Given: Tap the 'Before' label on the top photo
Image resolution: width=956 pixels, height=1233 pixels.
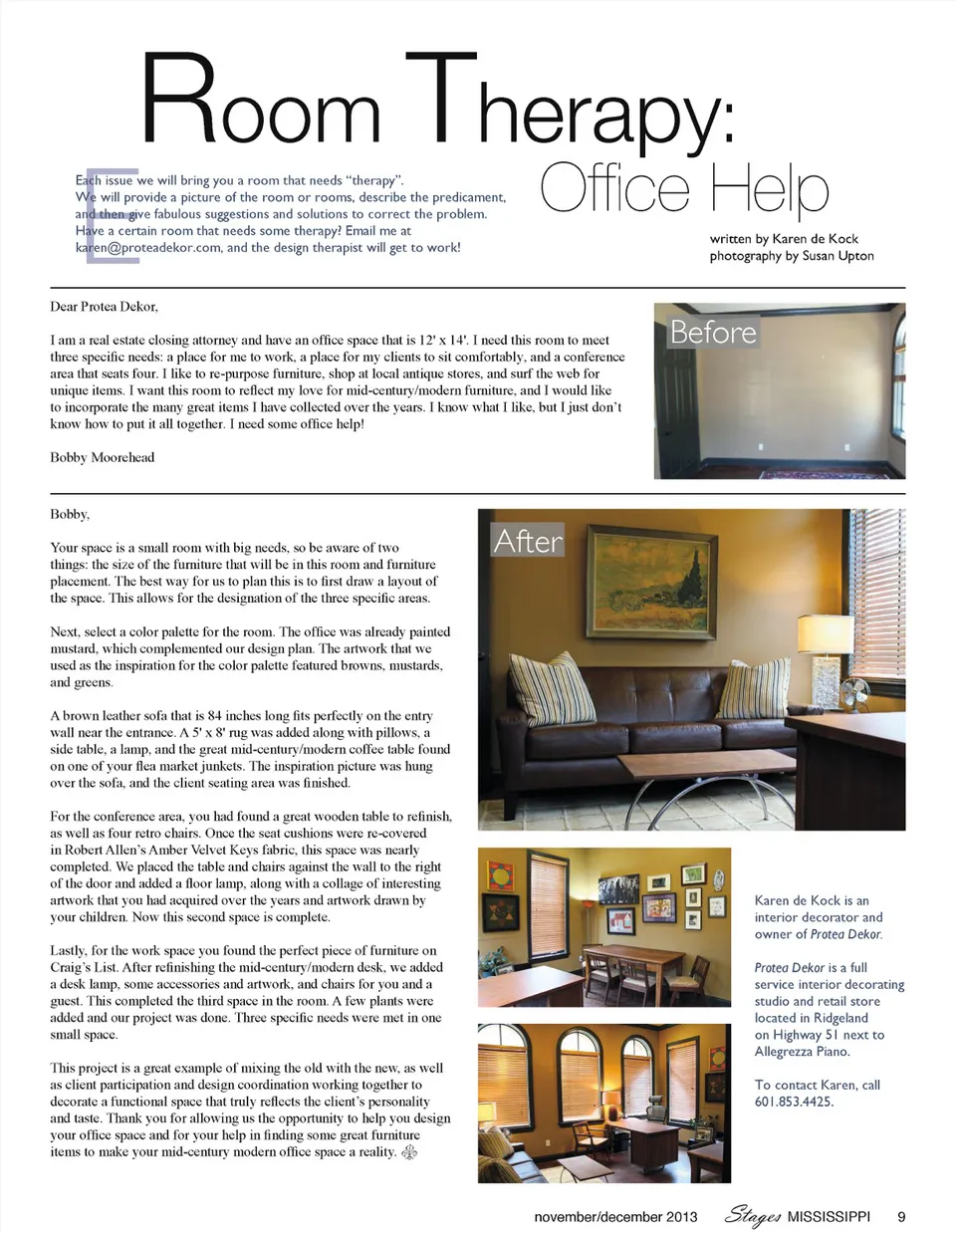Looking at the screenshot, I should (713, 332).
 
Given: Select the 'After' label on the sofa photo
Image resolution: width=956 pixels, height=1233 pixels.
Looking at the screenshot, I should (528, 541).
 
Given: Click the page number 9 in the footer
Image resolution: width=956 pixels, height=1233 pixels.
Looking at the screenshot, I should (901, 1216).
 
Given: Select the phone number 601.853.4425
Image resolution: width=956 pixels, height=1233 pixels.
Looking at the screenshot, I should (794, 1102).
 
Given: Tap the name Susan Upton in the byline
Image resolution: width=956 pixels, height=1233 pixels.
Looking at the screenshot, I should (837, 256).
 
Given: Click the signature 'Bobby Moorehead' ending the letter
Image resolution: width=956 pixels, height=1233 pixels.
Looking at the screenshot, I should (103, 457).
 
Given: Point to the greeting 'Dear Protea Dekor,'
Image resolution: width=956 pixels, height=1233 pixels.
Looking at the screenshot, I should (104, 306).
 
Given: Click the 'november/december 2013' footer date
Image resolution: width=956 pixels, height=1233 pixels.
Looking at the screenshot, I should (615, 1217).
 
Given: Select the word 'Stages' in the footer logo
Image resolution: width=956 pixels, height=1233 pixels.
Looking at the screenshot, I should (752, 1215).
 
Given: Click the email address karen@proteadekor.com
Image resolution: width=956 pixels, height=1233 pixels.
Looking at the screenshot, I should (148, 248).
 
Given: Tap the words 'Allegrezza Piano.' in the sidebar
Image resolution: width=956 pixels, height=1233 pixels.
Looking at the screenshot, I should (802, 1052).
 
